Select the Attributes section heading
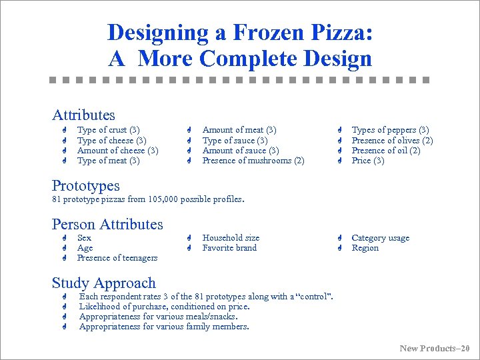(x=83, y=115)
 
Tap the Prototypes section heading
(x=85, y=185)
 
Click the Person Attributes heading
(x=107, y=224)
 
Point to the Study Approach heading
(x=103, y=283)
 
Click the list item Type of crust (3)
(x=108, y=130)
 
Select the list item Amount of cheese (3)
(x=117, y=151)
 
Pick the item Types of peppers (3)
(x=390, y=130)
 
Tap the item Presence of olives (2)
(x=392, y=141)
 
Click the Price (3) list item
(x=367, y=161)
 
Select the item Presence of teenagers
(x=117, y=258)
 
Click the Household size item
(x=231, y=238)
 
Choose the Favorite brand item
(x=229, y=248)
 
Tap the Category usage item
(x=380, y=238)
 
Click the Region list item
(x=365, y=248)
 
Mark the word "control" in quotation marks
(x=313, y=297)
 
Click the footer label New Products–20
(x=434, y=348)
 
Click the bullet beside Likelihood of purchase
(x=65, y=307)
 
